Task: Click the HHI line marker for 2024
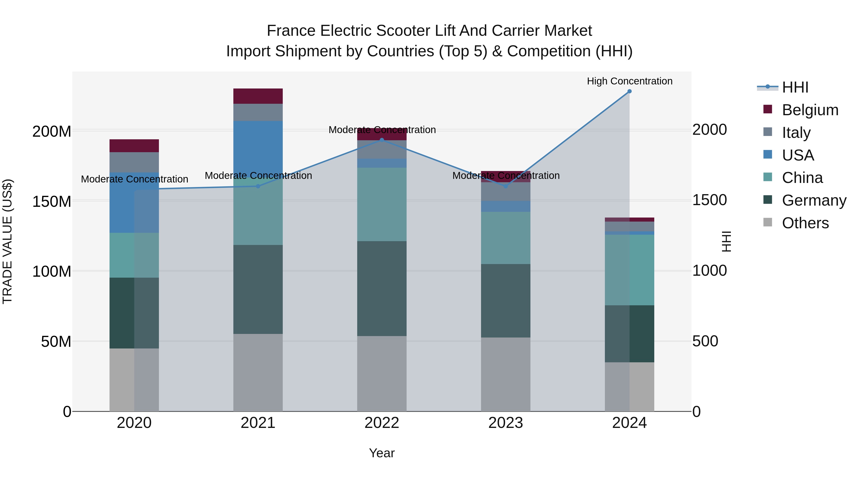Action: tap(629, 91)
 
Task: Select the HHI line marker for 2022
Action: tap(382, 140)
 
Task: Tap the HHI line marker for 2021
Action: tap(258, 186)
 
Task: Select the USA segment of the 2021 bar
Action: tap(258, 147)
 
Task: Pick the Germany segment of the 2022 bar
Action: tap(382, 288)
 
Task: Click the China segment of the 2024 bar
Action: tap(629, 270)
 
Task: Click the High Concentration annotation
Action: tap(629, 81)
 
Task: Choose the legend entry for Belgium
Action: tap(810, 110)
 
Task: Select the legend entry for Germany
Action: tap(814, 201)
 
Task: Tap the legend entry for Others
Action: tap(805, 223)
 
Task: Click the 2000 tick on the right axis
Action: tap(710, 130)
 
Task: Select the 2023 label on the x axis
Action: tap(506, 423)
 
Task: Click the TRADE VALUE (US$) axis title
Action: tap(7, 241)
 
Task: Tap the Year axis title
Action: tap(382, 453)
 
